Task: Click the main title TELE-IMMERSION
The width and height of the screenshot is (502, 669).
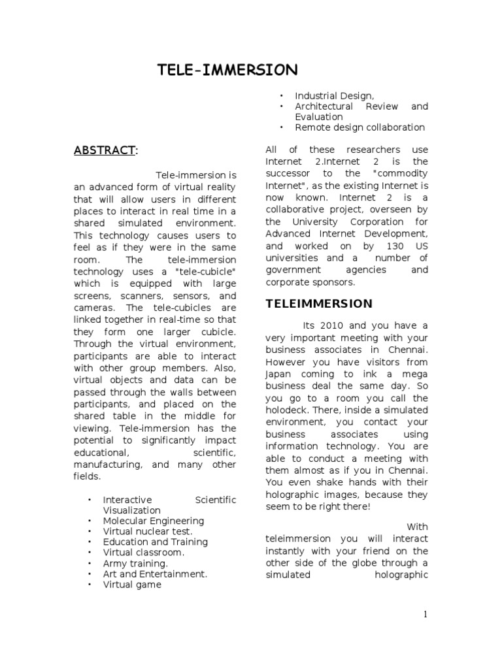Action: point(227,70)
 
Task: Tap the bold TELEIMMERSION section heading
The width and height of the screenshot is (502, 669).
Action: point(319,304)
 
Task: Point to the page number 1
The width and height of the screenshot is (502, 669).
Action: point(425,614)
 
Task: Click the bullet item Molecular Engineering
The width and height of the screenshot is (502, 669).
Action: point(153,521)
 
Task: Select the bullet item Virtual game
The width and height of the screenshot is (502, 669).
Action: point(131,585)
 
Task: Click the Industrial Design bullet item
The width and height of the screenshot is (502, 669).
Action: point(334,95)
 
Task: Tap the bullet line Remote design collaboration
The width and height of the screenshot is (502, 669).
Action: point(360,127)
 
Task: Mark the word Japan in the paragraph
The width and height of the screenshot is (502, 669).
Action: point(279,374)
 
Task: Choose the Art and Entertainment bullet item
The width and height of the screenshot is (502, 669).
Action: point(155,574)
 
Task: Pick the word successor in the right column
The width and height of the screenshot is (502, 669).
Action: point(290,173)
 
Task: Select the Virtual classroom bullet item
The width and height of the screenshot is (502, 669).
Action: point(143,553)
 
